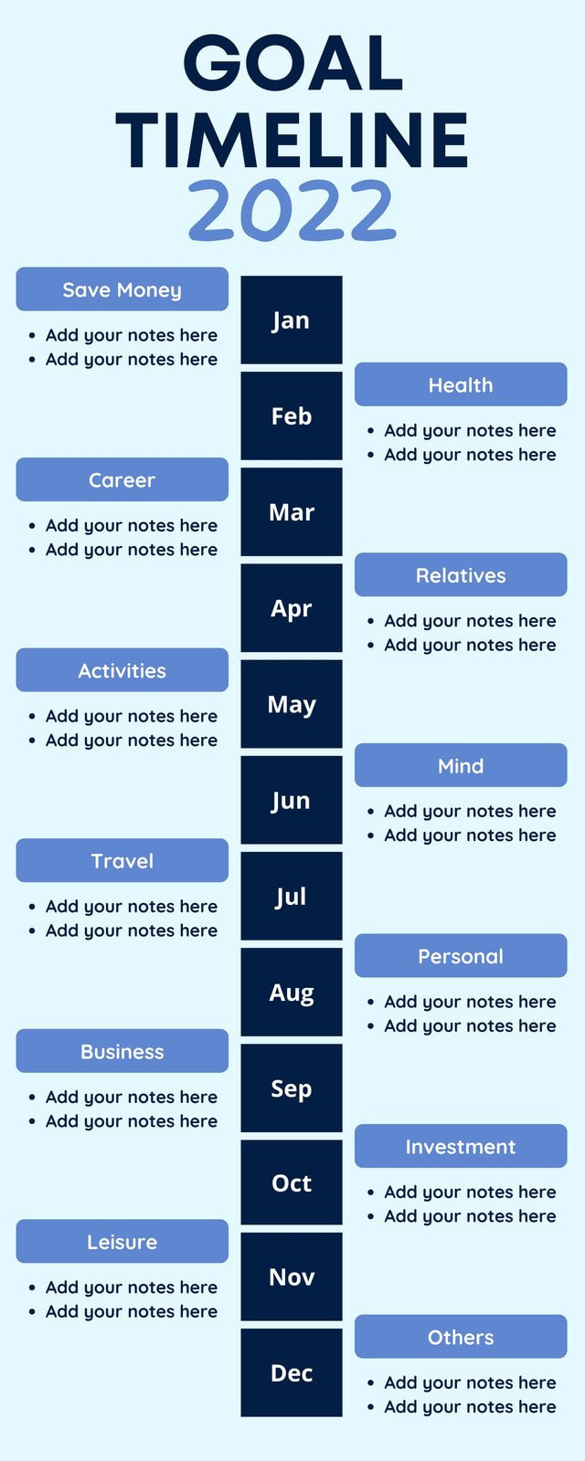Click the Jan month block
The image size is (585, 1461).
(291, 321)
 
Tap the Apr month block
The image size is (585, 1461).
(291, 608)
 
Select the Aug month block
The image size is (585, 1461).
(291, 993)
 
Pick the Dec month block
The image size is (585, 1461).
(291, 1372)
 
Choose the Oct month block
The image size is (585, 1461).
(291, 1183)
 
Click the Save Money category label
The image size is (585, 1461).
(122, 289)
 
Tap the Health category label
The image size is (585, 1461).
(461, 384)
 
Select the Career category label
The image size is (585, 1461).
(122, 479)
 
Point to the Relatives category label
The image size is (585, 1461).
(461, 575)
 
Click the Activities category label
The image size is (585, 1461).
(122, 670)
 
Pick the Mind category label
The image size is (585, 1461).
(461, 765)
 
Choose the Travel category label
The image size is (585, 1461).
(122, 860)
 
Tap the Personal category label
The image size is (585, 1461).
(461, 956)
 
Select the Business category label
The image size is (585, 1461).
(122, 1051)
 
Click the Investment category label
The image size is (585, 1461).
(461, 1146)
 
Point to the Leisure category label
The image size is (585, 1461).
(122, 1241)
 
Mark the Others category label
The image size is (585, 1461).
(461, 1337)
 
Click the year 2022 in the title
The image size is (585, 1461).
(292, 210)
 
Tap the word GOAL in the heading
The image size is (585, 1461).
(292, 63)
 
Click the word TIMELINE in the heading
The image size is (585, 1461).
(292, 140)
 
